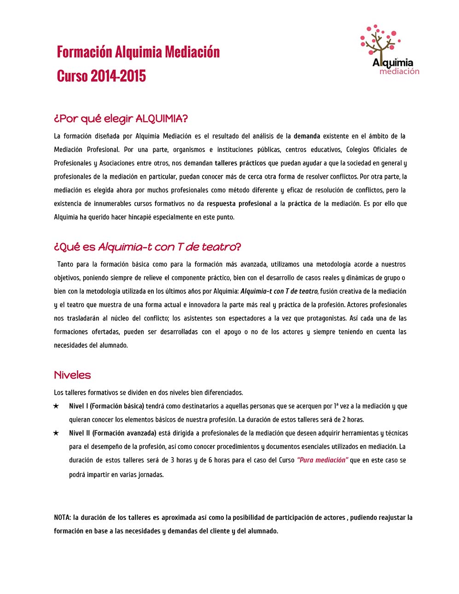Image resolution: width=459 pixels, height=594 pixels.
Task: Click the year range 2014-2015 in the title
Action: click(x=118, y=76)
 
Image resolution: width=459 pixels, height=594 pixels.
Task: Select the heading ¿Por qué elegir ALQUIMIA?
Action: click(x=121, y=119)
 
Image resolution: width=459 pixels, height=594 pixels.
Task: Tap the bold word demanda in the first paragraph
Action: click(x=307, y=136)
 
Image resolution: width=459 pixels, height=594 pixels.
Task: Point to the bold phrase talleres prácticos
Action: click(x=240, y=163)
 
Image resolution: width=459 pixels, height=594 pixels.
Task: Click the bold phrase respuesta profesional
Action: click(x=238, y=204)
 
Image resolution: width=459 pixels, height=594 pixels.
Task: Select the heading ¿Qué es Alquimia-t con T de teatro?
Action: click(x=147, y=247)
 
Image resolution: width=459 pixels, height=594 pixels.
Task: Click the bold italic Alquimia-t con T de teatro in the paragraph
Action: click(x=279, y=291)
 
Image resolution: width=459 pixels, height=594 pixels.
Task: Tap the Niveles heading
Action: click(x=72, y=375)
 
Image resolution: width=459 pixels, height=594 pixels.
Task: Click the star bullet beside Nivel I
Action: click(x=56, y=406)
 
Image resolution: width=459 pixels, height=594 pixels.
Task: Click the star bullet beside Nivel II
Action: click(x=56, y=433)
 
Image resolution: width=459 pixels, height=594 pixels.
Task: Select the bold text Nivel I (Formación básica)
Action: click(x=106, y=406)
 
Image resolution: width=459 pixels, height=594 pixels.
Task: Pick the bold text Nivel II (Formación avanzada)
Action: click(x=112, y=433)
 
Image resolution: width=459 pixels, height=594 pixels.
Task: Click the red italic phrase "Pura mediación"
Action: click(x=322, y=460)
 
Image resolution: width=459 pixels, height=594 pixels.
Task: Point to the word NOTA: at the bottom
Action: click(x=62, y=518)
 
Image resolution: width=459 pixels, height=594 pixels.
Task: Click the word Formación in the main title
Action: click(x=84, y=52)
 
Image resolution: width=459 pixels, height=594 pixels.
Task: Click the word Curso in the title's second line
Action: click(x=72, y=76)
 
